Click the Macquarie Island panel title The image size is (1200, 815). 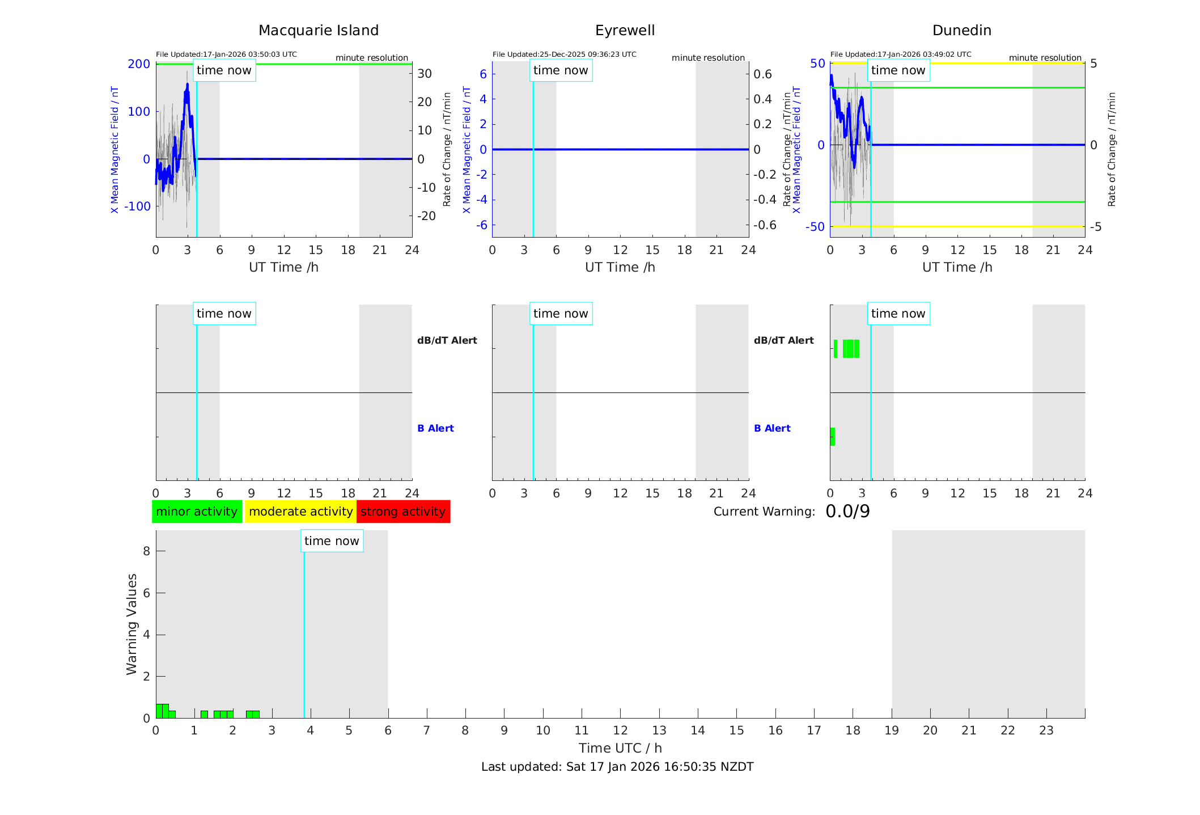tap(319, 31)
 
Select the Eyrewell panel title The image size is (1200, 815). tap(625, 31)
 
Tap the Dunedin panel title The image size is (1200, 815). tap(961, 31)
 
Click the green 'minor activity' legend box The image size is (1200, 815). tap(197, 512)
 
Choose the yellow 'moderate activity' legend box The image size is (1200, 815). tap(300, 512)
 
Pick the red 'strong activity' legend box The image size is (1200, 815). tap(403, 512)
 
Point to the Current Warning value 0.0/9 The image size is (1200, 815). tap(847, 512)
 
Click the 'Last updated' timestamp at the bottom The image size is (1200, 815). tap(617, 767)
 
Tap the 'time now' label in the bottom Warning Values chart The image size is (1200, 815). tap(332, 541)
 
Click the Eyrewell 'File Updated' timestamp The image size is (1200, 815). tap(564, 54)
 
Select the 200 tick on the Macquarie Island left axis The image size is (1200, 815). tap(139, 64)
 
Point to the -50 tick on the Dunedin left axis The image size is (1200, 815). tap(815, 227)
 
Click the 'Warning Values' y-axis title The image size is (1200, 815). tap(132, 624)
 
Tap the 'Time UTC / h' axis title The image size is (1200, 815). tap(620, 748)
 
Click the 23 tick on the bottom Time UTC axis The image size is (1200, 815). tap(1046, 730)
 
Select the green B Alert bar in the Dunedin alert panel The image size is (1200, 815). tap(832, 437)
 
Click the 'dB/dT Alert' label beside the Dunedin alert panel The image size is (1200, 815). tap(783, 340)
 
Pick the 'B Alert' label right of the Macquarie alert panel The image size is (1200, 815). tap(435, 428)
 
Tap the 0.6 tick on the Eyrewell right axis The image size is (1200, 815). tap(762, 74)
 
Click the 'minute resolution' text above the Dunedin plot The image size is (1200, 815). tap(1045, 58)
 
